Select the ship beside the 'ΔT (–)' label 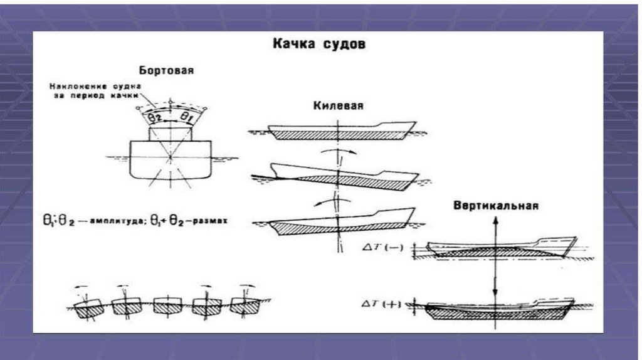(x=502, y=248)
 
